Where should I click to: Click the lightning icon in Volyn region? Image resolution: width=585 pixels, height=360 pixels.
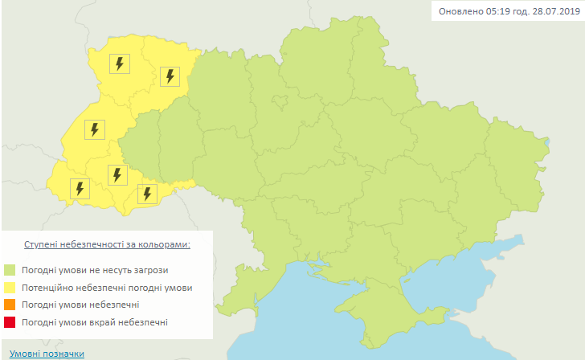tap(120, 63)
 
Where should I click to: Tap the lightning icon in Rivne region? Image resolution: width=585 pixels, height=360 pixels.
tap(170, 76)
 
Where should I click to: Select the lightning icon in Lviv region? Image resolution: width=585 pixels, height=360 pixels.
tap(94, 129)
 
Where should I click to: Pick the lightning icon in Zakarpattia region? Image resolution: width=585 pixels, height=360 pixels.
tap(79, 189)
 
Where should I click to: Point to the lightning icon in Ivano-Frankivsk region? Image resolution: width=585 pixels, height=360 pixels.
tap(117, 174)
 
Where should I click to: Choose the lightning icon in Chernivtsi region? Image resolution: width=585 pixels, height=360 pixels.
tap(146, 194)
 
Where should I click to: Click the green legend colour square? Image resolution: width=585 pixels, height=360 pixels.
tap(10, 270)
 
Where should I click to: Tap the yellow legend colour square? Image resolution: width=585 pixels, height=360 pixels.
tap(10, 288)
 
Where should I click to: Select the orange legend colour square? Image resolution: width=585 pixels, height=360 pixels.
tap(10, 305)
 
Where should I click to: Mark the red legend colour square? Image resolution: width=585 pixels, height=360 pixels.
tap(10, 323)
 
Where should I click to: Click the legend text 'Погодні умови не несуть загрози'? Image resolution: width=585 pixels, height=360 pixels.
tap(96, 270)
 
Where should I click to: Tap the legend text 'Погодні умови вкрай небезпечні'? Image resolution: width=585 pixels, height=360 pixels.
tap(95, 323)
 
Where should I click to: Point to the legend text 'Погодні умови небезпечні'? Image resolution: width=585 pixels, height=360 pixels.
tap(81, 305)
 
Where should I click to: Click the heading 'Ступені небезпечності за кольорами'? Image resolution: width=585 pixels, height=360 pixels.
tap(108, 243)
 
